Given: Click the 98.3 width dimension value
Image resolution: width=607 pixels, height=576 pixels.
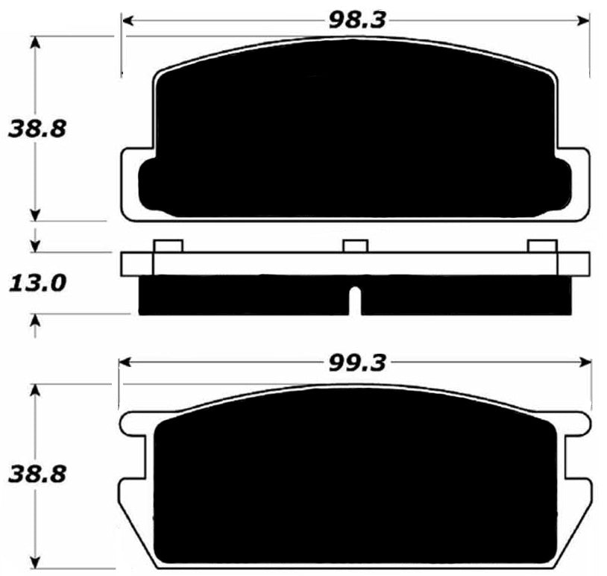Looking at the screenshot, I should click(357, 19).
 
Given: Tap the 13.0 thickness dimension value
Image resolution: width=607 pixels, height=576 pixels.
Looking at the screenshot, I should click(28, 283).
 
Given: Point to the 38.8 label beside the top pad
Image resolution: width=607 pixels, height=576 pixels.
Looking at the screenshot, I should click(28, 128).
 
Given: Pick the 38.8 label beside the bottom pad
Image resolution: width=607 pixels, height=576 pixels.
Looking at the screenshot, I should click(28, 473).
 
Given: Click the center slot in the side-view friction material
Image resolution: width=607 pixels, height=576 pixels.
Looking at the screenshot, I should click(356, 300).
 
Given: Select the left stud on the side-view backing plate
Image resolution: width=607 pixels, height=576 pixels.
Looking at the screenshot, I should click(168, 246).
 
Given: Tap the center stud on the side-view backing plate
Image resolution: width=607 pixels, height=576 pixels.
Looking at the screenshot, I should click(355, 246).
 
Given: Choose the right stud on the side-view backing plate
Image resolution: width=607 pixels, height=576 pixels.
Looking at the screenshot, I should click(542, 246).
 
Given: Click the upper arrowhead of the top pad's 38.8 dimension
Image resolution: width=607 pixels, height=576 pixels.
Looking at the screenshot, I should click(34, 41).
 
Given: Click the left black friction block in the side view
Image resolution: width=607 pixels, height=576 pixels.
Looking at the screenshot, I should click(242, 295).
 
